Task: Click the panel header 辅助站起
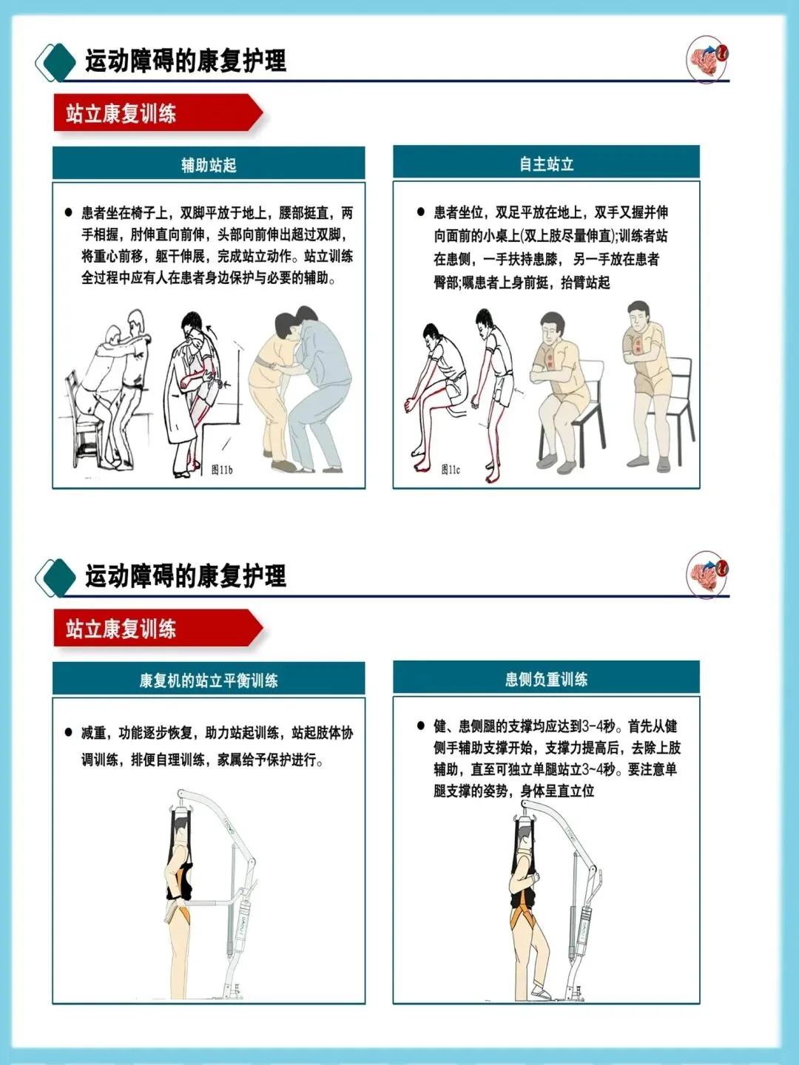[x=209, y=165]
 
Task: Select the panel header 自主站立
[x=546, y=164]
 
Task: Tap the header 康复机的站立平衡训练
[x=209, y=680]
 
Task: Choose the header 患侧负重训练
[x=546, y=679]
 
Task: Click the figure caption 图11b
[x=222, y=470]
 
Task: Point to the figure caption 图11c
[x=451, y=469]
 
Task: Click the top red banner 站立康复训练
[x=158, y=113]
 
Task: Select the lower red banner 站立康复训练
[x=158, y=628]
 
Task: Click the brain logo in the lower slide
[x=707, y=575]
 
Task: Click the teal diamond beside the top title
[x=58, y=61]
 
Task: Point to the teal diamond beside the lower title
[x=58, y=577]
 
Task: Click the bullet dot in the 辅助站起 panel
[x=68, y=212]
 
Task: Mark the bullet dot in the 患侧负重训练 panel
[x=421, y=726]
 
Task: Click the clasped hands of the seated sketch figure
[x=411, y=405]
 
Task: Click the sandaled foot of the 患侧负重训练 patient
[x=540, y=993]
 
